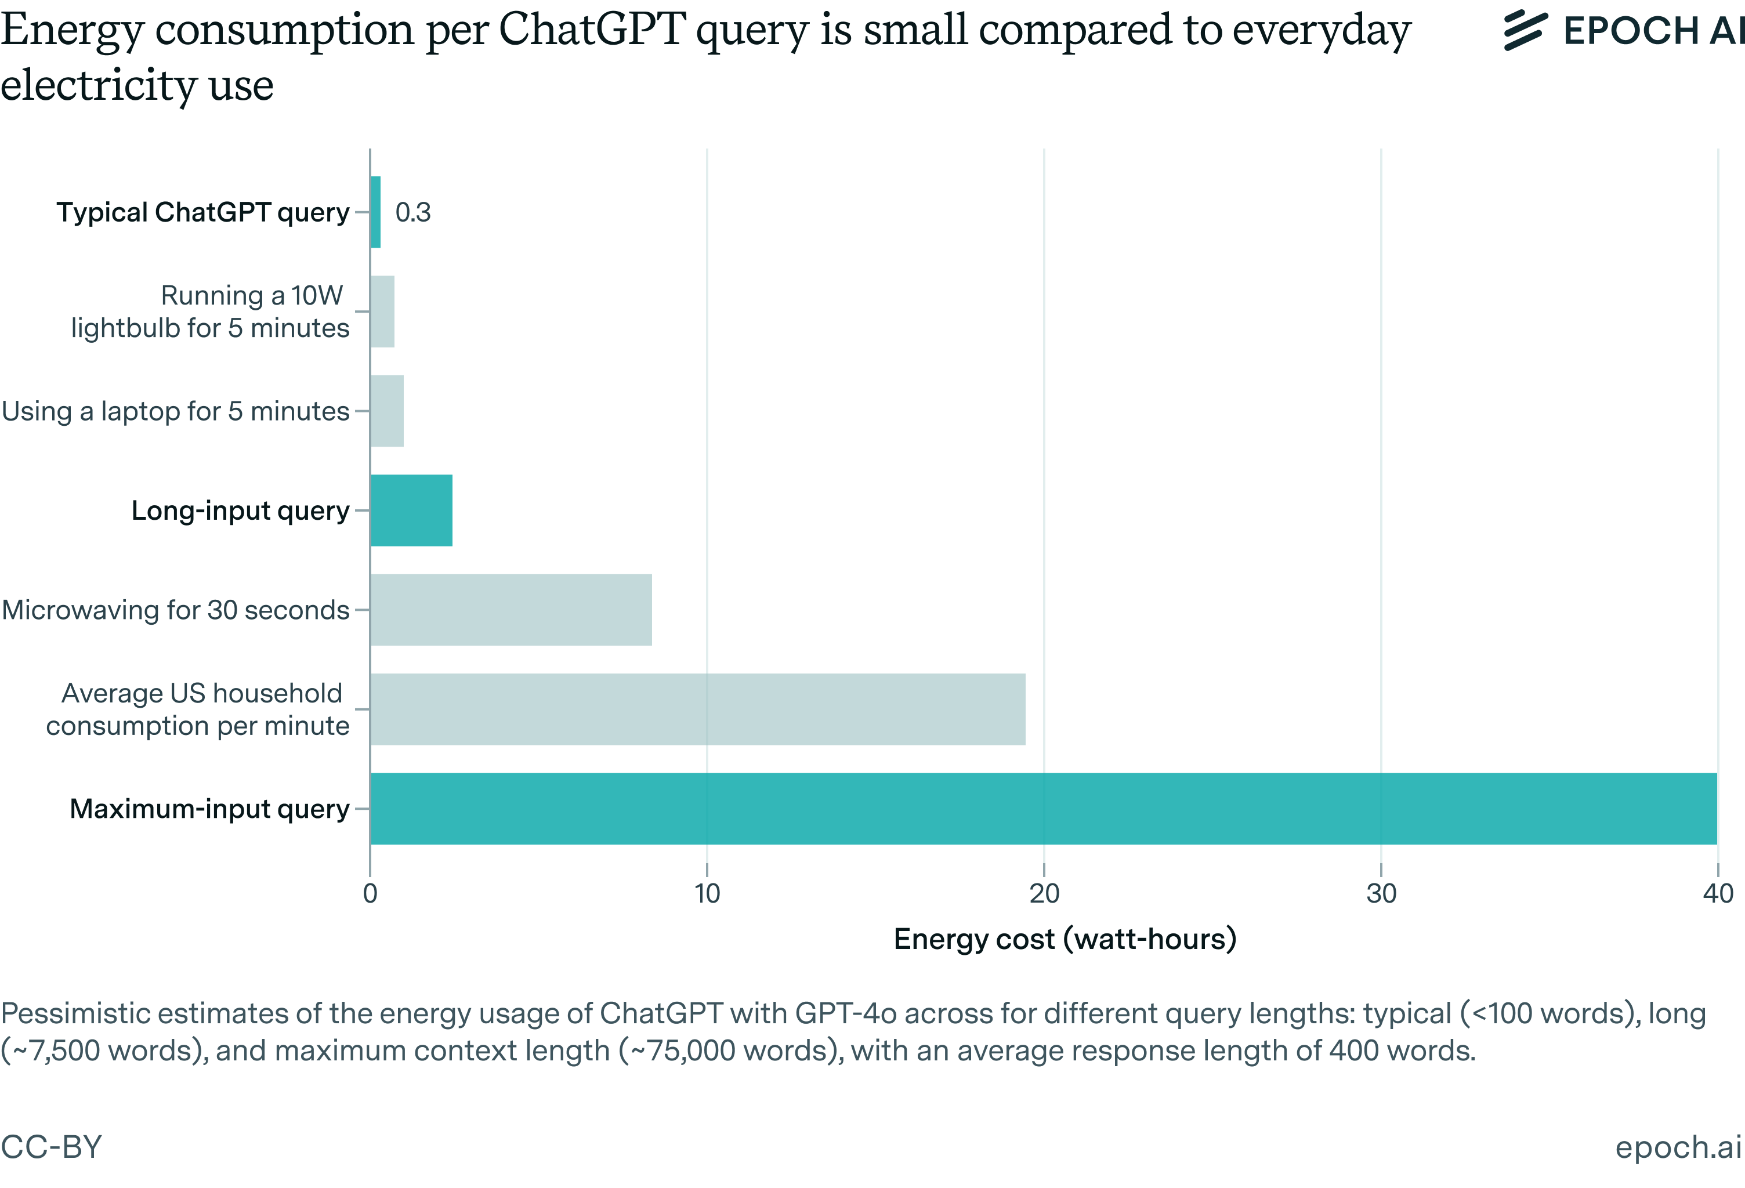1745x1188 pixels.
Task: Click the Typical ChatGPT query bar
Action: pos(375,212)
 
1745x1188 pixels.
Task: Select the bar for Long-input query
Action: pos(411,510)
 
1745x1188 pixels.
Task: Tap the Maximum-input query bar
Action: pos(1043,808)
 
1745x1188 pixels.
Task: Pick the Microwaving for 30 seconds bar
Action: pos(511,609)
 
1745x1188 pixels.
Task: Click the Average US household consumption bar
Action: pos(697,708)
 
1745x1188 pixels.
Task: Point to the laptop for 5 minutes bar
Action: pos(387,411)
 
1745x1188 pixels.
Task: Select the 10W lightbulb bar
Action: pos(382,311)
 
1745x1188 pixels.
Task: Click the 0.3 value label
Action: pos(413,212)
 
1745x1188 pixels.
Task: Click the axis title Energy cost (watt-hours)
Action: pos(1065,939)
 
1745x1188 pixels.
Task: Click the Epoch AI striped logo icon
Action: pos(1525,31)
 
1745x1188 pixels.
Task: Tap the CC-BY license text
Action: pos(51,1147)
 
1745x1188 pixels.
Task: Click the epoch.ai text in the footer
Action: pos(1678,1147)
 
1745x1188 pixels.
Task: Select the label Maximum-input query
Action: pos(209,809)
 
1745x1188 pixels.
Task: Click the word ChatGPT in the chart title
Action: pos(592,30)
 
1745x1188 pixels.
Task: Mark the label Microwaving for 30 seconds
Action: pos(176,610)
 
